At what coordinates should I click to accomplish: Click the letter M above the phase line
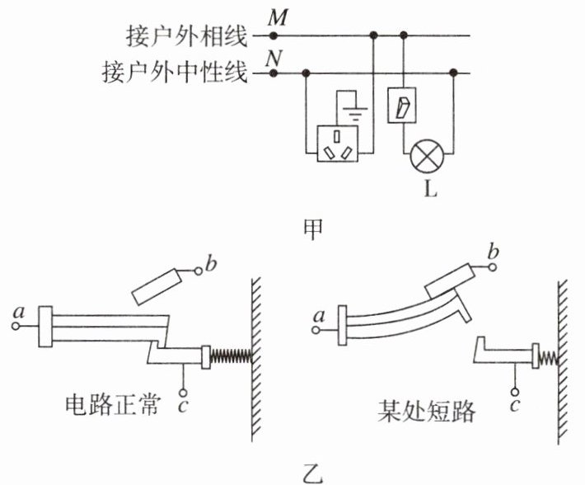pyautogui.click(x=278, y=17)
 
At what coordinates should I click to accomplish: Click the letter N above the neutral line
pyautogui.click(x=274, y=58)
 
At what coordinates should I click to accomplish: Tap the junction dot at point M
pyautogui.click(x=274, y=35)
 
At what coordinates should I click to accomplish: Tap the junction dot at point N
pyautogui.click(x=274, y=73)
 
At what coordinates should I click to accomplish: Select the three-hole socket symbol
pyautogui.click(x=337, y=144)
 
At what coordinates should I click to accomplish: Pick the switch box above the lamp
pyautogui.click(x=402, y=106)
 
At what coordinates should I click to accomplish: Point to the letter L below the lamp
pyautogui.click(x=430, y=189)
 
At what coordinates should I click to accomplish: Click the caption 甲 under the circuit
pyautogui.click(x=312, y=228)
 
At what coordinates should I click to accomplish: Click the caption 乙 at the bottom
pyautogui.click(x=312, y=473)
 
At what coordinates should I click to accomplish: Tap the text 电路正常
pyautogui.click(x=113, y=405)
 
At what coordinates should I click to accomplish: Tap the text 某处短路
pyautogui.click(x=426, y=411)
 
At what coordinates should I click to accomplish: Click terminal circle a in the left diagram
pyautogui.click(x=16, y=327)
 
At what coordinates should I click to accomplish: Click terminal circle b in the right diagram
pyautogui.click(x=493, y=267)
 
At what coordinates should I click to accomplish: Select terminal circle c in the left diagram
pyautogui.click(x=183, y=393)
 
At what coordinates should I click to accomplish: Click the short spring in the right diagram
pyautogui.click(x=549, y=359)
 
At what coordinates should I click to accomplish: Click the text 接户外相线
pyautogui.click(x=186, y=36)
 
